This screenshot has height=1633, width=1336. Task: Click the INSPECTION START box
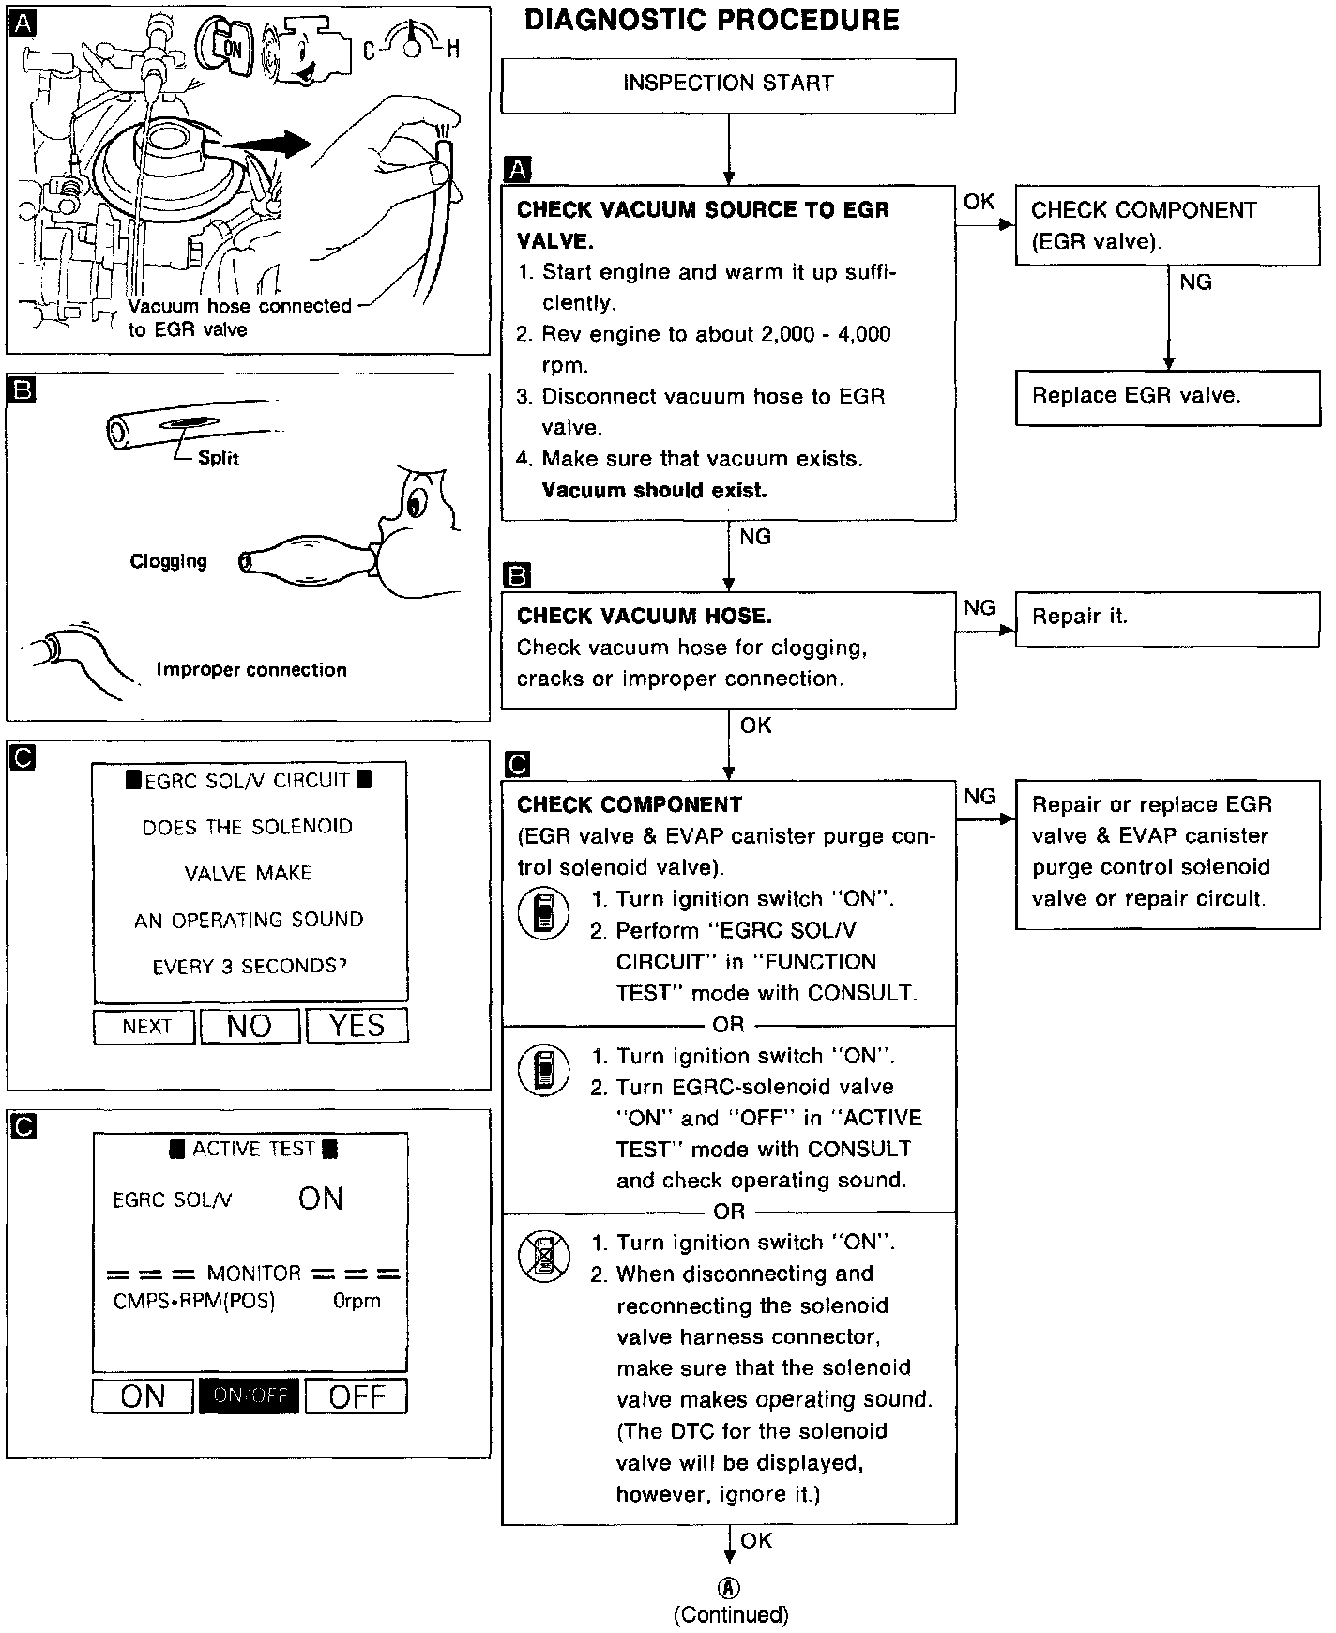[728, 84]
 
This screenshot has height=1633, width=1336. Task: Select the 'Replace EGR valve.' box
[1166, 397]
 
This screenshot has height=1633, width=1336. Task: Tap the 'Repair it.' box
[1166, 618]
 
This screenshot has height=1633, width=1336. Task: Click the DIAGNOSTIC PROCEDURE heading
[711, 21]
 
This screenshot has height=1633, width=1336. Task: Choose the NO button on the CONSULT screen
[250, 1026]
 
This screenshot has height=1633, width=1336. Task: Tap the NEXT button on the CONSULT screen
[145, 1027]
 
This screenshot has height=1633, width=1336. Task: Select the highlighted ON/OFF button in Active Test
[250, 1396]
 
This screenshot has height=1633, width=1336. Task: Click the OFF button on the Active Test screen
[357, 1396]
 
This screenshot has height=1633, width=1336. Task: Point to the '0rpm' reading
[357, 1302]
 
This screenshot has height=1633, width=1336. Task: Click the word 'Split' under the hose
[219, 459]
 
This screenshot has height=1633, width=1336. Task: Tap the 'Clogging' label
[168, 561]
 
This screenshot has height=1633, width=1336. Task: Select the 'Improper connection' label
[251, 670]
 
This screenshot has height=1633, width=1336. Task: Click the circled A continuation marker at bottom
[729, 1587]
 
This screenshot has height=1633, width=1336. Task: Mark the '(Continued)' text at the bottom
[730, 1614]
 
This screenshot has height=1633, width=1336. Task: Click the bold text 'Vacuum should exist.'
[654, 490]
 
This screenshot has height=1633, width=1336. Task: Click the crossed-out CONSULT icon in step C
[544, 1257]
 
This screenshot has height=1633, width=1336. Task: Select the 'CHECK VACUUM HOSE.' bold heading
[645, 617]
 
